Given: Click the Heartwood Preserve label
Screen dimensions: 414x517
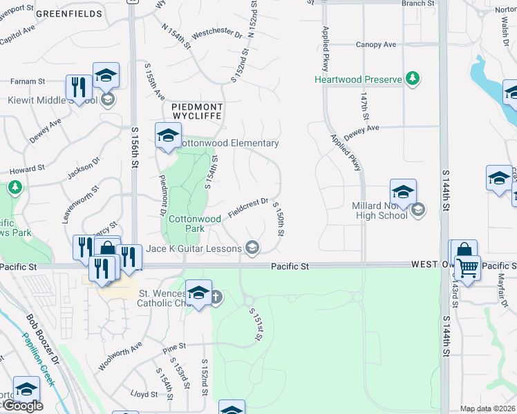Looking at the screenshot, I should pos(358,79).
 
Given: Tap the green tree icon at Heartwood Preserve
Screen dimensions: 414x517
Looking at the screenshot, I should pos(413,78).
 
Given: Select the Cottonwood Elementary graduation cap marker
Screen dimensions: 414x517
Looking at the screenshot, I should pos(167,135).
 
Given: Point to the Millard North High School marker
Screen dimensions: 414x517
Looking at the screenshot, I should pos(403,191).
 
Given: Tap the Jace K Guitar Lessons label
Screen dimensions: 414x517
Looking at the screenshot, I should pos(194,248).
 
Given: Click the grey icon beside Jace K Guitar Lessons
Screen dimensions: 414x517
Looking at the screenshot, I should pos(253,248).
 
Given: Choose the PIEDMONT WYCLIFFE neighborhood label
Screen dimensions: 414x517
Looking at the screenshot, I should pos(193,113).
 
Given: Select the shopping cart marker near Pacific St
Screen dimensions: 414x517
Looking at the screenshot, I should pos(468,266).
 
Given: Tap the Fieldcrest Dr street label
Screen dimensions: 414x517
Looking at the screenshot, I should pos(249,206).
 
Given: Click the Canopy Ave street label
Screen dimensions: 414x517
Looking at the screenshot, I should pos(376,44).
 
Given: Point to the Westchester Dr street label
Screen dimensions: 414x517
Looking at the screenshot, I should pos(217,33).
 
